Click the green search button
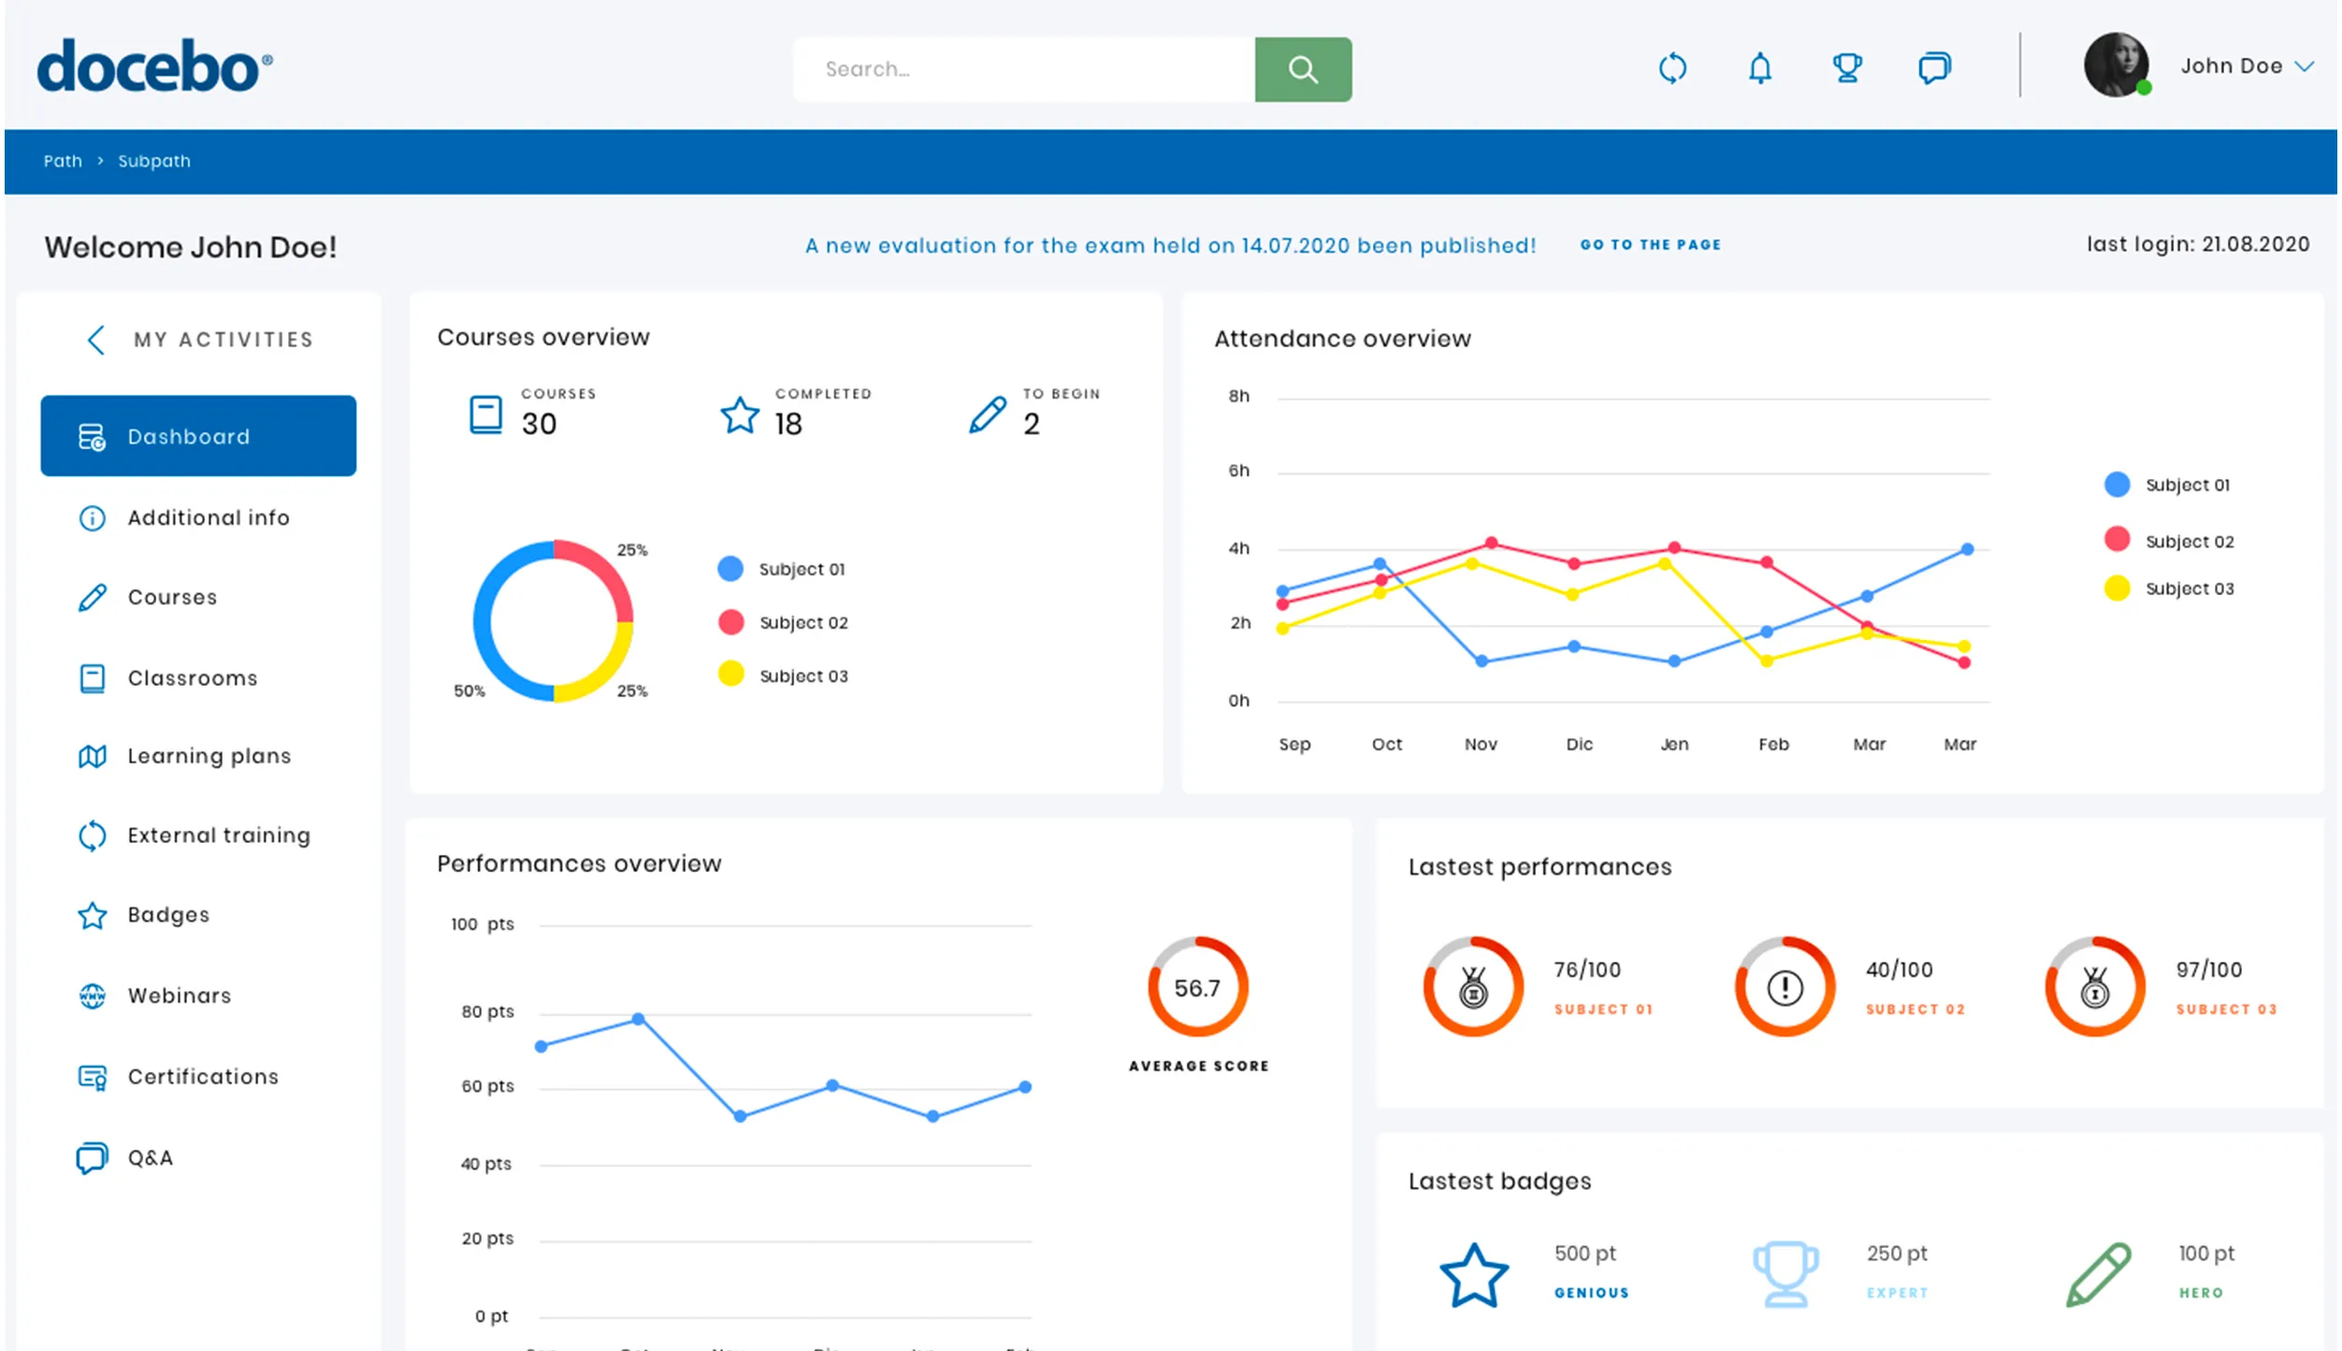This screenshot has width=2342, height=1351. [x=1302, y=69]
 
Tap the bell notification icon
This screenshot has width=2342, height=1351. [x=1759, y=68]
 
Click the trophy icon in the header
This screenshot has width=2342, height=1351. [x=1846, y=68]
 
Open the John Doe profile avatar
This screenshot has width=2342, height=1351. [x=2116, y=65]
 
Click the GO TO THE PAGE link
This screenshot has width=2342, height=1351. [x=1650, y=245]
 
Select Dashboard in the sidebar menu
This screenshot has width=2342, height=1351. [x=198, y=436]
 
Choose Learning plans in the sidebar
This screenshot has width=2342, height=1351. [x=209, y=756]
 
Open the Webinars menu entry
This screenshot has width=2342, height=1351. [x=179, y=995]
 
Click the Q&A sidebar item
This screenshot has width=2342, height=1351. [x=150, y=1158]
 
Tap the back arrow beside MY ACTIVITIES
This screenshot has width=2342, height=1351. [x=95, y=340]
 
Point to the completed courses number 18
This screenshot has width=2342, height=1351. [x=788, y=425]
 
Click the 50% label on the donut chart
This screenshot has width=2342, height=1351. [x=469, y=691]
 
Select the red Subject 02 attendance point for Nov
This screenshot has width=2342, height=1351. [x=1491, y=544]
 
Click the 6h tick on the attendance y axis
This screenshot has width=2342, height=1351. [x=1238, y=471]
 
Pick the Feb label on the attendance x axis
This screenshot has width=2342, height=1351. [x=1772, y=745]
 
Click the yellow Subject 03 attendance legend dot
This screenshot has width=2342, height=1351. [x=2117, y=588]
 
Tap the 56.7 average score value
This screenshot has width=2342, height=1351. [x=1196, y=988]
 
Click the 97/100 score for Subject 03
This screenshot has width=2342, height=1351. [x=2208, y=970]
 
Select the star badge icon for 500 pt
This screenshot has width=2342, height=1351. [x=1473, y=1275]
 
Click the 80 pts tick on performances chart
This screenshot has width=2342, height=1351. [x=487, y=1012]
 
